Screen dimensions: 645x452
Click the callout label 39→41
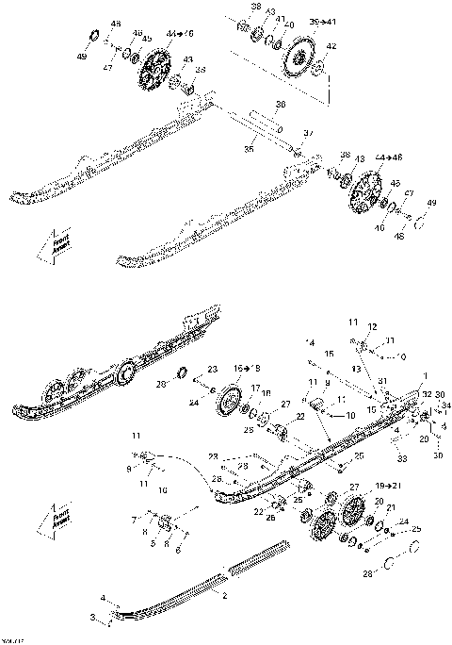[x=322, y=19]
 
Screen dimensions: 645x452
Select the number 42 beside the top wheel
[x=331, y=45]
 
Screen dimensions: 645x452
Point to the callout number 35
[x=250, y=147]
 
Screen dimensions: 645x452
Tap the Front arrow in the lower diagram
[x=43, y=521]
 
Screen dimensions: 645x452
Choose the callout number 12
[x=373, y=326]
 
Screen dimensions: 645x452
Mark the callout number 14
[x=310, y=341]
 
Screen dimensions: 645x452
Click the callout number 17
[x=255, y=388]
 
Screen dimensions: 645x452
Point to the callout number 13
[x=357, y=369]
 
